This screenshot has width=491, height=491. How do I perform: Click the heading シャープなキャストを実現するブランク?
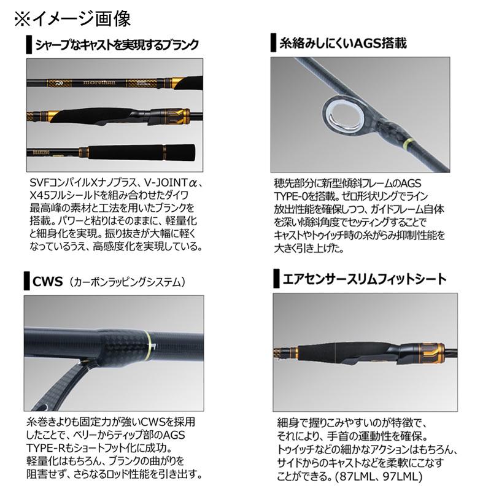pyautogui.click(x=117, y=45)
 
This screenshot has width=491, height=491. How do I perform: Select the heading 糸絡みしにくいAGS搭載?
pyautogui.click(x=344, y=44)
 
